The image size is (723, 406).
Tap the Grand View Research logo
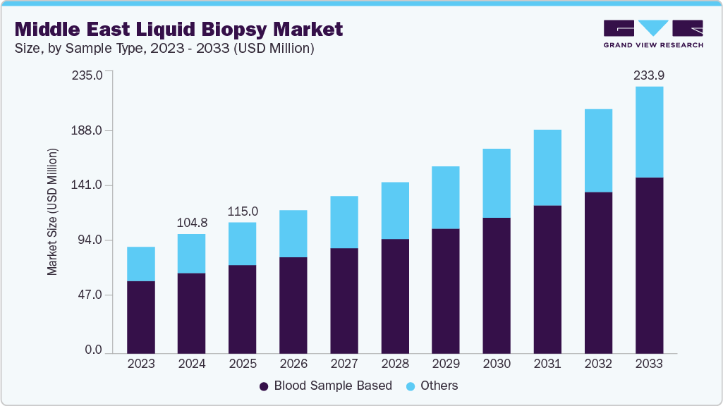tap(652, 34)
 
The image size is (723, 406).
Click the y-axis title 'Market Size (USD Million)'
tap(53, 211)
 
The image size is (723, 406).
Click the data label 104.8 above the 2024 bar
tap(191, 223)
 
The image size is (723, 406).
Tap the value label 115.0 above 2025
tap(242, 211)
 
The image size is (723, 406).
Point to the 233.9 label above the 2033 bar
tap(649, 75)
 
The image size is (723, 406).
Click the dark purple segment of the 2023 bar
tap(140, 316)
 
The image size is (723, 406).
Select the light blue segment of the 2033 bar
tap(649, 132)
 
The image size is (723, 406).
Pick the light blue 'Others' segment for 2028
tap(395, 211)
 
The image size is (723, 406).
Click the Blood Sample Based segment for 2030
tap(497, 285)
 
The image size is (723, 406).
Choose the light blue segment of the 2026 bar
tap(293, 233)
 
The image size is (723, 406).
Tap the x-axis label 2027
tap(344, 364)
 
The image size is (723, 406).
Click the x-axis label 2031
tap(547, 364)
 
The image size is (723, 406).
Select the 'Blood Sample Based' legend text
tap(333, 386)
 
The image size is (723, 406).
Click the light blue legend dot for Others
tap(411, 386)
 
